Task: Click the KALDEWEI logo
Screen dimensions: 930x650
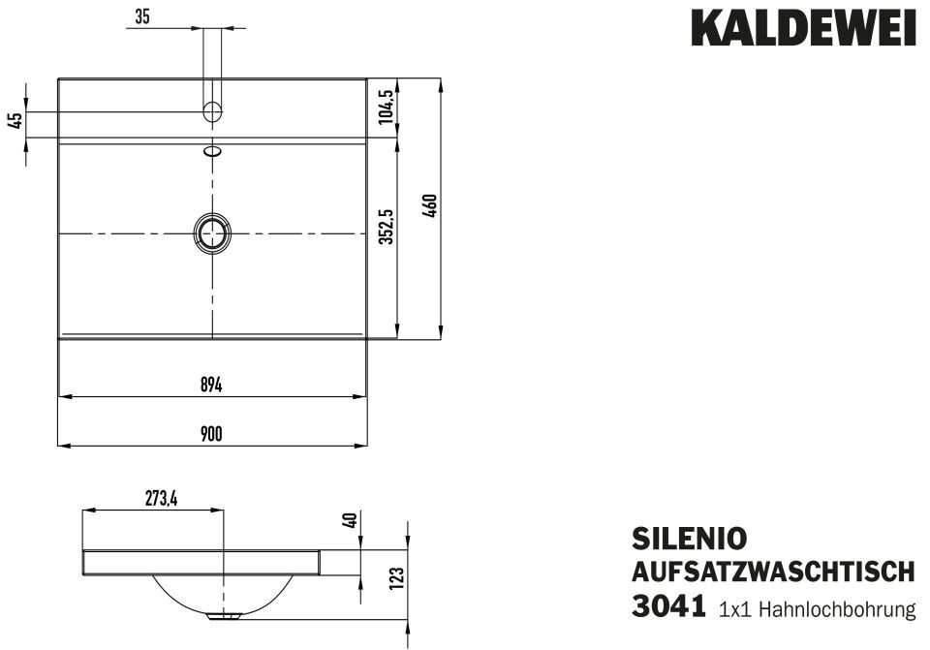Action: (804, 27)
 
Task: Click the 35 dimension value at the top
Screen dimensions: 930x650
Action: (141, 16)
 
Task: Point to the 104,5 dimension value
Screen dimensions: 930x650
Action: (387, 106)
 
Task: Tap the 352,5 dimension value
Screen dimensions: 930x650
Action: (387, 227)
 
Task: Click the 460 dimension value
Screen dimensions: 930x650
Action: (431, 205)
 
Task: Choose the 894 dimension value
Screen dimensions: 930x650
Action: (211, 385)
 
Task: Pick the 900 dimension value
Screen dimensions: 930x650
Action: (211, 434)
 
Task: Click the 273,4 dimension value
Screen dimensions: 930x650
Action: (162, 499)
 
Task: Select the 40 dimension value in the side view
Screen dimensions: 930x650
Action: (351, 521)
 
